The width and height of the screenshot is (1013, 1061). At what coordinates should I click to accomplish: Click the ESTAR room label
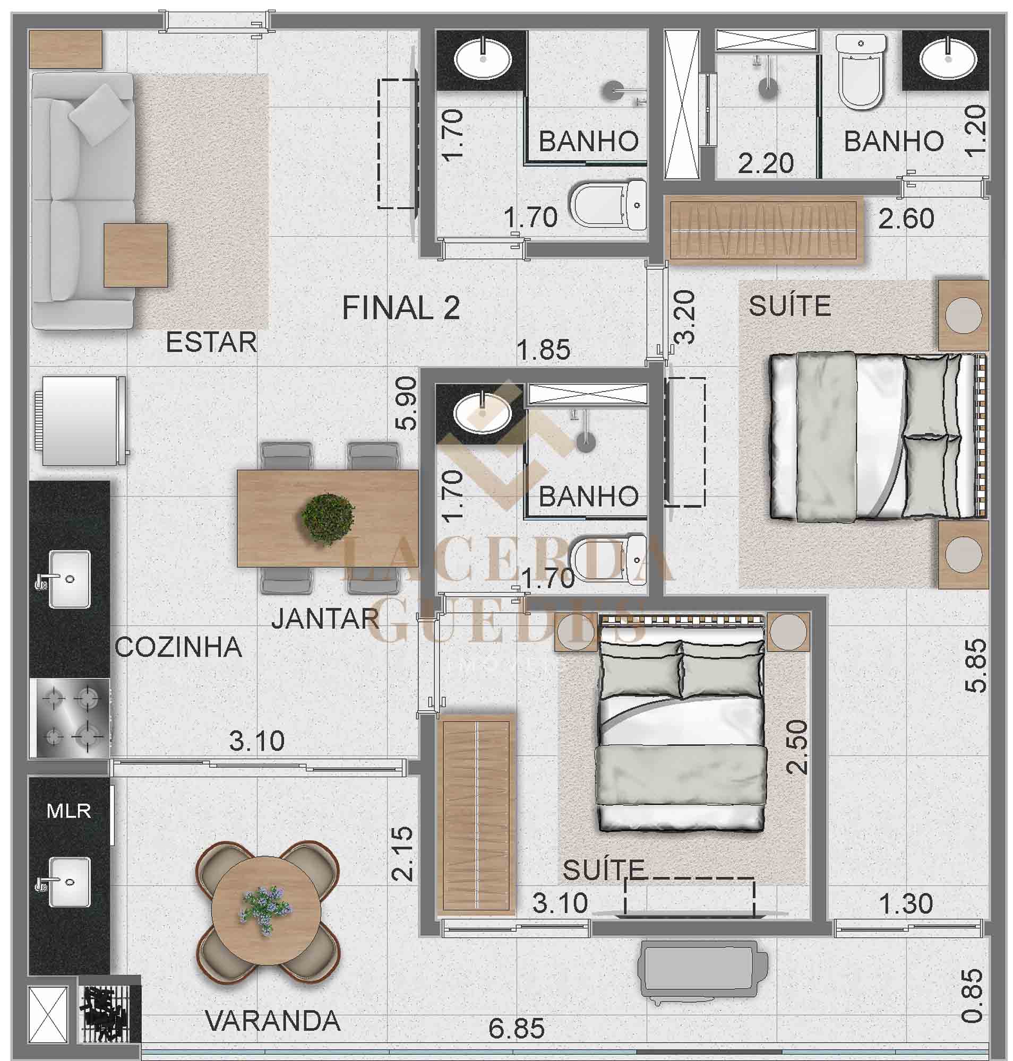coord(211,342)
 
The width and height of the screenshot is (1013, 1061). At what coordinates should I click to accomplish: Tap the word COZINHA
coord(179,647)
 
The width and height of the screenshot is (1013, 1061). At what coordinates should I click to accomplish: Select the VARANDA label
coord(273,1021)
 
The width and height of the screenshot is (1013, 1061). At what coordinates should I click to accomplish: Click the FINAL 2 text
coord(401,308)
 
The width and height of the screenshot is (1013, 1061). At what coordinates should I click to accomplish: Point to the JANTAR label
coord(325,619)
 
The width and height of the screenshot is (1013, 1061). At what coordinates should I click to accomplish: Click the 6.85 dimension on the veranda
coord(516,1029)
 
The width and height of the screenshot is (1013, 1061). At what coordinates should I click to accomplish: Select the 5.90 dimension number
coord(406,403)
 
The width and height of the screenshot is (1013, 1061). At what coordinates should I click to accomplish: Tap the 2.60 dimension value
coord(906,219)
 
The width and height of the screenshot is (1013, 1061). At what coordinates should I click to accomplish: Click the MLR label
coord(68,811)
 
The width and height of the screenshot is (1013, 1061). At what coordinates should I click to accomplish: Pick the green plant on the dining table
coord(328,519)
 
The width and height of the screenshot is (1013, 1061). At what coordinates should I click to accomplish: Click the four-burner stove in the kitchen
coord(70,718)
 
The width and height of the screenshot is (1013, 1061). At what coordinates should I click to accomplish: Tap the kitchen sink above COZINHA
coord(70,579)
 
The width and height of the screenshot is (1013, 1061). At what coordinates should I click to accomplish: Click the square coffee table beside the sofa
coord(135,255)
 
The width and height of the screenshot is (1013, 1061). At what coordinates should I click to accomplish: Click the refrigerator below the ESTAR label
coord(81,420)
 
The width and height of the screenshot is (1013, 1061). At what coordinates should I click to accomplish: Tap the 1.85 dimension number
coord(543,350)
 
